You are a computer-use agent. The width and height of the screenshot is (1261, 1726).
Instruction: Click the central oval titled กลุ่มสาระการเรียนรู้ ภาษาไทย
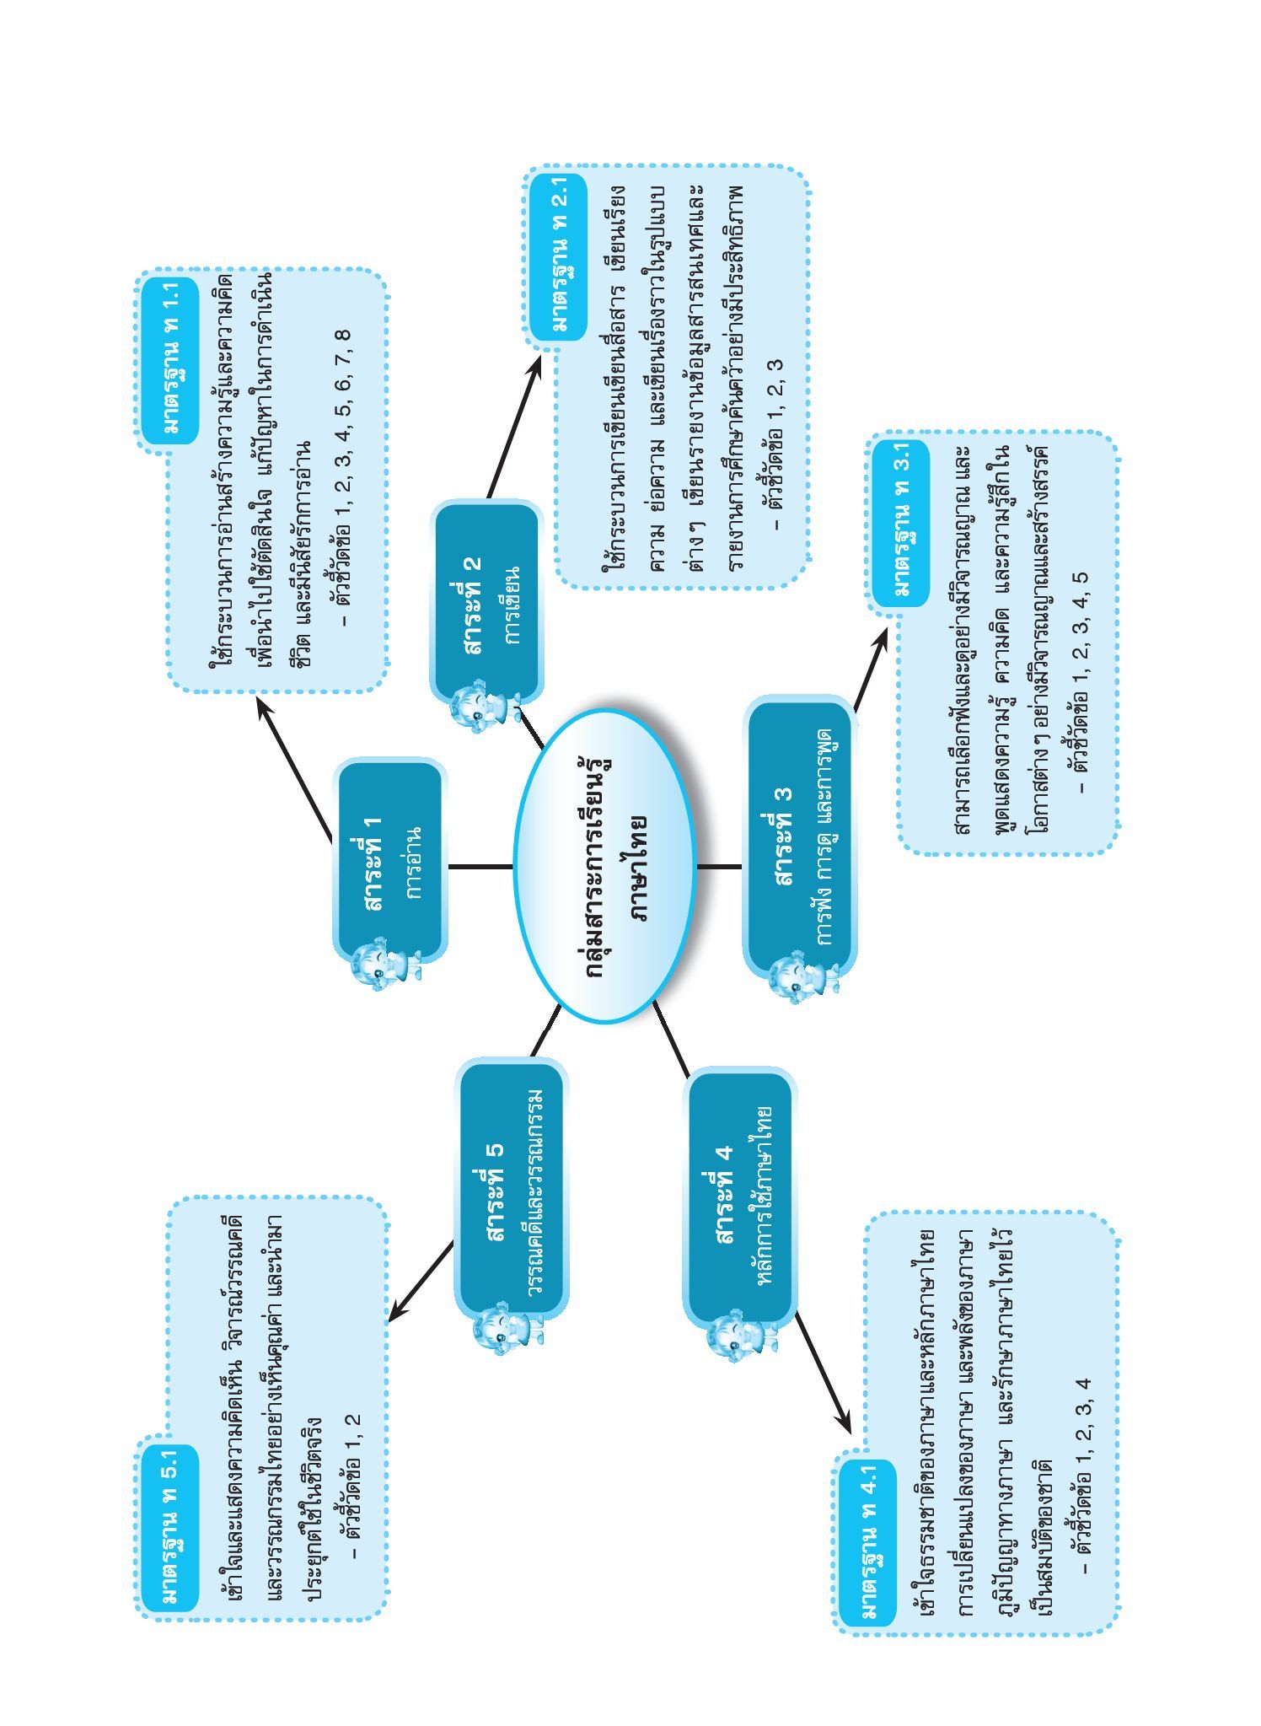point(605,866)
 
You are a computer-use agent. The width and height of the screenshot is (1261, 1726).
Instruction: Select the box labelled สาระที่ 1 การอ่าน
point(389,860)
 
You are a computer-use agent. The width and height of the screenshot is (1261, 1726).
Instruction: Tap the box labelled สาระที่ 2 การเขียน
point(486,600)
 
